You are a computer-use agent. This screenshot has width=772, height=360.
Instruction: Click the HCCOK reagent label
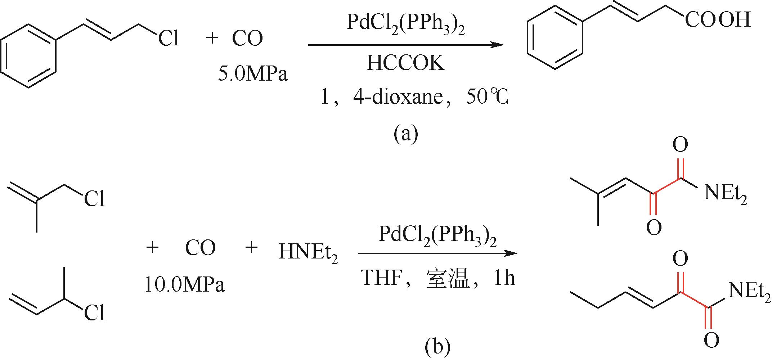pos(406,63)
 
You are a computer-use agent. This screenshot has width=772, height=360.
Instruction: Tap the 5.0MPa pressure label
pos(253,75)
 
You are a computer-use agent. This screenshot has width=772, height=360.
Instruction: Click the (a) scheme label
pos(406,134)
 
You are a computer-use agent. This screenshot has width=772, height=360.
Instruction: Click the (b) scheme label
pos(438,346)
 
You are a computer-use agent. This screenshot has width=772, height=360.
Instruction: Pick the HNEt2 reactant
pos(308,253)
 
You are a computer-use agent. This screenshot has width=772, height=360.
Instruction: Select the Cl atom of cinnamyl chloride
pos(169,38)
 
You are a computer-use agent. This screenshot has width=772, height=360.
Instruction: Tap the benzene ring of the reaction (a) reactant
pos(30,56)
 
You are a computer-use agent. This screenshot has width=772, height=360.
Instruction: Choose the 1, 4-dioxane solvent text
pos(378,97)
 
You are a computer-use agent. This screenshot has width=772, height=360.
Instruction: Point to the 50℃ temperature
pos(486,97)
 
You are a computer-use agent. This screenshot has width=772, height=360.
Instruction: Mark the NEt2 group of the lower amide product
pos(749,291)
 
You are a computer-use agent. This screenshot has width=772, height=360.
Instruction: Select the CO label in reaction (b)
pos(200,248)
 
